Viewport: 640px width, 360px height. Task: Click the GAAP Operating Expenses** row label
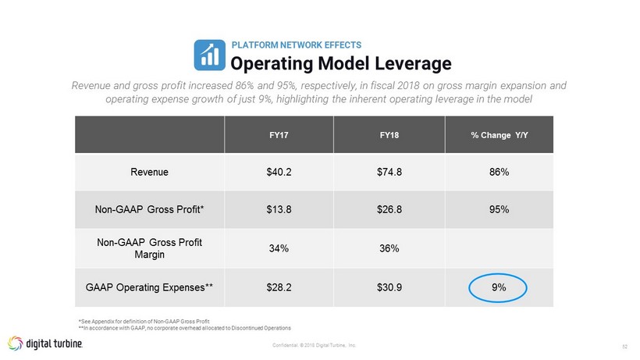(149, 287)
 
